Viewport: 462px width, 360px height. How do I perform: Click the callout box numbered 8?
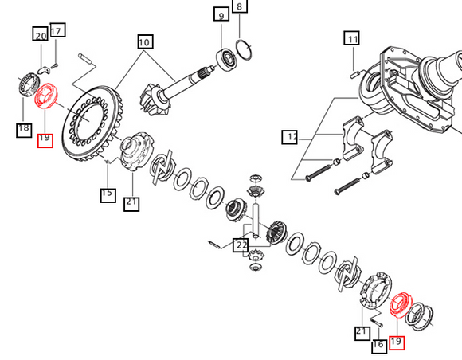(x=240, y=6)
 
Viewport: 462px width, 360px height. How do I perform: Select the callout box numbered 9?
(x=221, y=14)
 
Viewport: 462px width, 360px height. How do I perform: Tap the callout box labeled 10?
(x=145, y=41)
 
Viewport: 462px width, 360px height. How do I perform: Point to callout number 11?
(x=352, y=38)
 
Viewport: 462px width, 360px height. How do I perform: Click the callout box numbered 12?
(x=290, y=137)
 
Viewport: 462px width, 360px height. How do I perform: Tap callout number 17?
(x=57, y=29)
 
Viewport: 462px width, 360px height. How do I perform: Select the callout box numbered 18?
(x=24, y=130)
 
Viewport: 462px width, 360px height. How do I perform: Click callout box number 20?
(x=41, y=34)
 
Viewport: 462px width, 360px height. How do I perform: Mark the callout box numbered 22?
(x=241, y=245)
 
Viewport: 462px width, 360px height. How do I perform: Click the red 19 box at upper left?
(x=45, y=140)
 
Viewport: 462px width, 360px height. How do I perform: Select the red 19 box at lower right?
(x=397, y=343)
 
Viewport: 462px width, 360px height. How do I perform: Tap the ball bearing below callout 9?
(x=226, y=61)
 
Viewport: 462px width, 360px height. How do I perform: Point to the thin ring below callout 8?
(x=244, y=49)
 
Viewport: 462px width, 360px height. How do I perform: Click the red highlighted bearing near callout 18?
(x=46, y=96)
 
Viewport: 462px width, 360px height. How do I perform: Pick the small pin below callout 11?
(x=354, y=75)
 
